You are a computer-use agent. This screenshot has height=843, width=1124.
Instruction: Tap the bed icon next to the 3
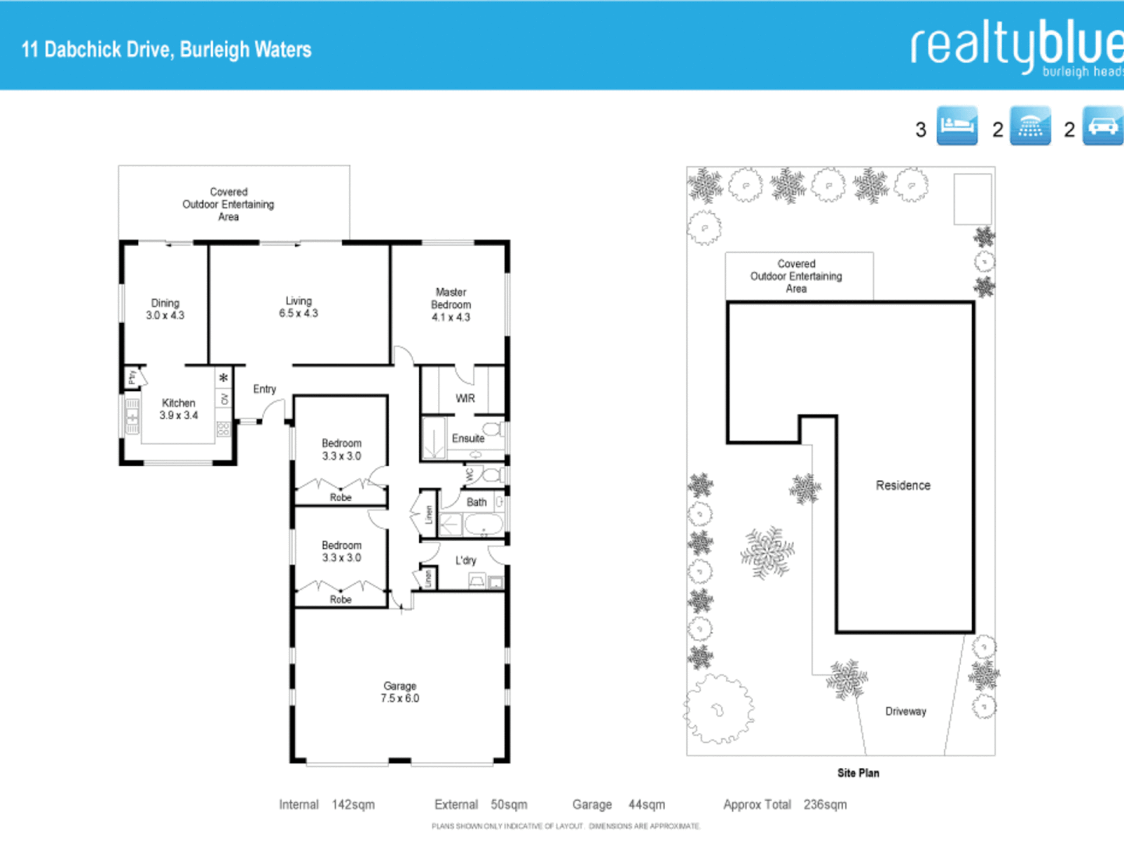pyautogui.click(x=957, y=126)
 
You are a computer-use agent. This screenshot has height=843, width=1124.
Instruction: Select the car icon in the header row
pyautogui.click(x=1102, y=126)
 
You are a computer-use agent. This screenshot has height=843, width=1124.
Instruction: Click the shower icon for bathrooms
pyautogui.click(x=1030, y=126)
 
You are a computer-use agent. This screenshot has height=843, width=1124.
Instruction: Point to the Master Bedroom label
pyautogui.click(x=451, y=304)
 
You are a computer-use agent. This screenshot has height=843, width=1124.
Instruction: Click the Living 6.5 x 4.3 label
pyautogui.click(x=298, y=307)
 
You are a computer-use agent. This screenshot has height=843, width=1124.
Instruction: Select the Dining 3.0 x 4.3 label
pyautogui.click(x=165, y=309)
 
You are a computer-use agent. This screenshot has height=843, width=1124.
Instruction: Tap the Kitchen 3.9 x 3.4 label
pyautogui.click(x=179, y=409)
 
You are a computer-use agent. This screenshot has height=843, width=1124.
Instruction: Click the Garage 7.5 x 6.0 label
pyautogui.click(x=400, y=692)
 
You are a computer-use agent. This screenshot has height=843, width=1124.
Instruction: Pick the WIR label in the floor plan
pyautogui.click(x=465, y=398)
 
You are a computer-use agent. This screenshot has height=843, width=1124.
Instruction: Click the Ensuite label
pyautogui.click(x=468, y=439)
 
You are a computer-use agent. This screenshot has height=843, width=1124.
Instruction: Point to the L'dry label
pyautogui.click(x=466, y=560)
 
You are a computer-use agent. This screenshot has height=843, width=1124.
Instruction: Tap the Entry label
pyautogui.click(x=265, y=389)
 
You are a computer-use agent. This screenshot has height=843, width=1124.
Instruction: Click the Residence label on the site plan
pyautogui.click(x=903, y=486)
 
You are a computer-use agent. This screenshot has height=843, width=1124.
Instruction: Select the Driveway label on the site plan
pyautogui.click(x=905, y=711)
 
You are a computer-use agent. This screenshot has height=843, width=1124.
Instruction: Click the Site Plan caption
pyautogui.click(x=858, y=773)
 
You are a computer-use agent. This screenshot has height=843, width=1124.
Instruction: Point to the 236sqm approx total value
pyautogui.click(x=825, y=805)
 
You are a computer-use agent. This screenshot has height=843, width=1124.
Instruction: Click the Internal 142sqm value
pyautogui.click(x=353, y=805)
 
